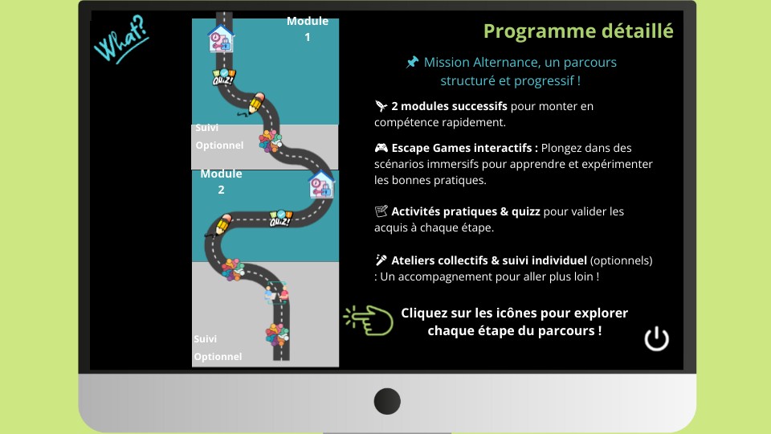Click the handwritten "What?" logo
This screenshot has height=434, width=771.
pos(120,39)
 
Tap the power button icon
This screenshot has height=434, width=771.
pos(656,338)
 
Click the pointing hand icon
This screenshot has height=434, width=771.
pos(368,320)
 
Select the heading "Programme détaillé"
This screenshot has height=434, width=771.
pos(578,31)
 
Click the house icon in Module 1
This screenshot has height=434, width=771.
pos(221,39)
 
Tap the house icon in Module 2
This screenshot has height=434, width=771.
pos(320,185)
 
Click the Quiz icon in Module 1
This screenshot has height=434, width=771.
pos(224,78)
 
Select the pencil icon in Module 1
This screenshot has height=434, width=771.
pos(256,103)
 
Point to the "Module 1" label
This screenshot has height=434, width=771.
pos(307,29)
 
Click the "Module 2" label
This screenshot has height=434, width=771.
pos(221,182)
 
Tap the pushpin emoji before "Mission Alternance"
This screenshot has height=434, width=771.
pos(412,62)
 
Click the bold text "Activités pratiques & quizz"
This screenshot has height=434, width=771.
pos(465,211)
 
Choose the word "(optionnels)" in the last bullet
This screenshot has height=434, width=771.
pos(621,260)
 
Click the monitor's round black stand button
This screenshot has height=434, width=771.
pos(387,401)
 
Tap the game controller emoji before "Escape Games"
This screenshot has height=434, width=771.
pos(381,148)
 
